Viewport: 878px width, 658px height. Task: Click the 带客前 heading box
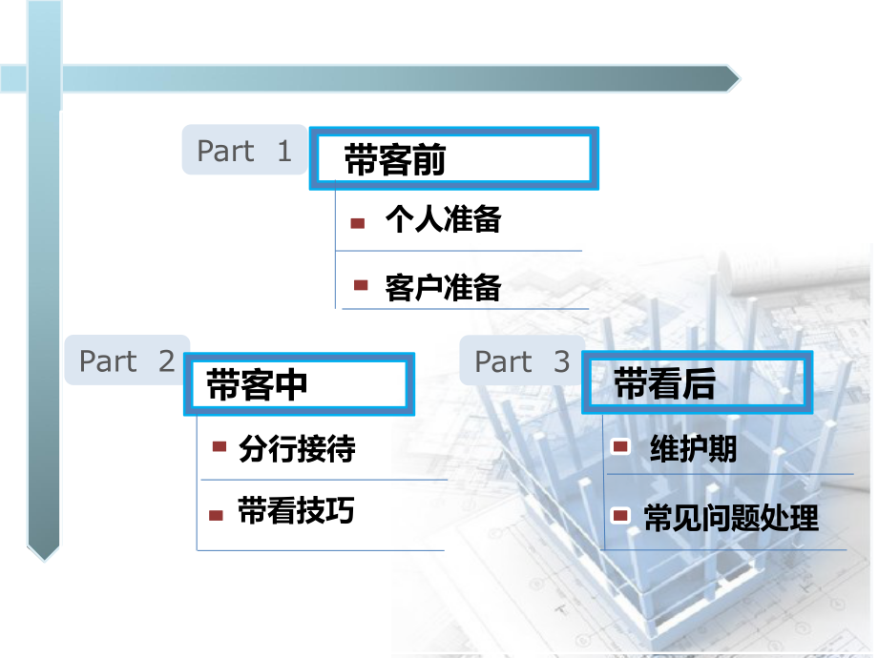[452, 159]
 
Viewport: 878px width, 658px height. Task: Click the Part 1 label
[244, 151]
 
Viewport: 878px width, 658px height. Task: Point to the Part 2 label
[127, 360]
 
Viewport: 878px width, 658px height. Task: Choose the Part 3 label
[522, 361]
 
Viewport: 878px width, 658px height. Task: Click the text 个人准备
[443, 221]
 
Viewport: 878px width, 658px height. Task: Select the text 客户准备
[443, 287]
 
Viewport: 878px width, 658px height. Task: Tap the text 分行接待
[297, 448]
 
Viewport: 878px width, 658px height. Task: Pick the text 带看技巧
[296, 512]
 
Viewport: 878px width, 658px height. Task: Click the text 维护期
[693, 448]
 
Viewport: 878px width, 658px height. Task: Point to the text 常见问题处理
[731, 519]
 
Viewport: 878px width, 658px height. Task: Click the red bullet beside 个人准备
[358, 223]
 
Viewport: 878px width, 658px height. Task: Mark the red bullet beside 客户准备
[361, 285]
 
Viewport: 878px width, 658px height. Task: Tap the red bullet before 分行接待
[219, 446]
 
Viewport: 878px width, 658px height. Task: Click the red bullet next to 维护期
[620, 446]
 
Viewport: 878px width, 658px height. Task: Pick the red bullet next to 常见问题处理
[620, 516]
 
